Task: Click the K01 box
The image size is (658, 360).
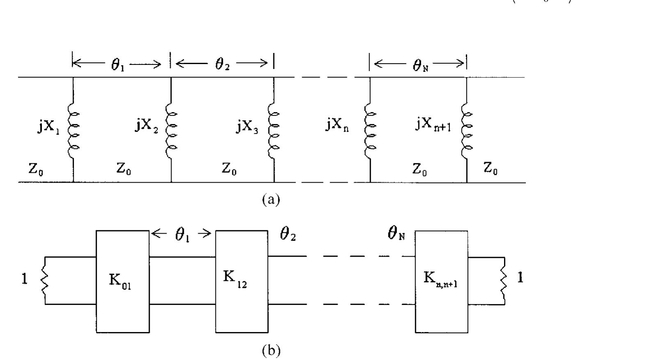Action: (122, 281)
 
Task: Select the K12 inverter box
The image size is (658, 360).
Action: (242, 281)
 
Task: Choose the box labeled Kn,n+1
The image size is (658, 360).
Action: (441, 281)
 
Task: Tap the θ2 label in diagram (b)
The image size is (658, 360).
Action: (287, 236)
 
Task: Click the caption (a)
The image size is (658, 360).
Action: (271, 200)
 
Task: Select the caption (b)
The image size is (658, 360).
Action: (271, 351)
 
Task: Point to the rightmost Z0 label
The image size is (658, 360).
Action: (490, 168)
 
